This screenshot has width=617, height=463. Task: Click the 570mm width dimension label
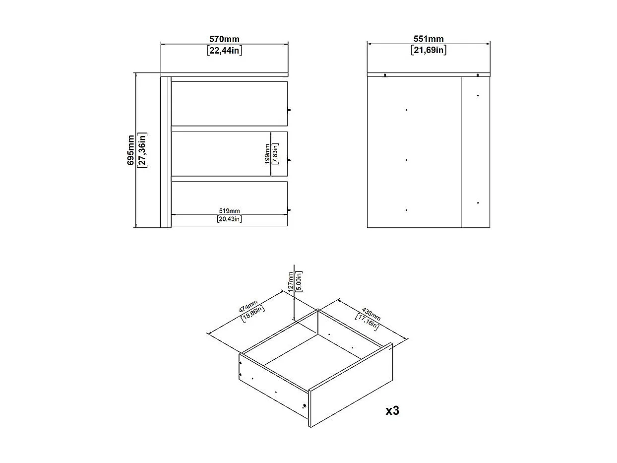(x=224, y=39)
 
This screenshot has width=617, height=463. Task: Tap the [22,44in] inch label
(x=224, y=50)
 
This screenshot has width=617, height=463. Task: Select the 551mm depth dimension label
(x=429, y=39)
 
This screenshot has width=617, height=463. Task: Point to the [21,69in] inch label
(x=429, y=50)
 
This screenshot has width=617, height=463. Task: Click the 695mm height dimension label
(x=130, y=150)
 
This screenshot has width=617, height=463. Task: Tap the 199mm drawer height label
(x=267, y=154)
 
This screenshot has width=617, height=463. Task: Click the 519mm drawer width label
(x=229, y=210)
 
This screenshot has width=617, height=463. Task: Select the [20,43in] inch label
(x=229, y=219)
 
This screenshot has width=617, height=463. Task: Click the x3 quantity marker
(x=392, y=410)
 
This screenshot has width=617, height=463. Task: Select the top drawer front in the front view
(x=229, y=103)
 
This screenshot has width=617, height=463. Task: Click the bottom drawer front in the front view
(x=229, y=197)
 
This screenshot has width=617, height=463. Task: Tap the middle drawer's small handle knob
(x=290, y=160)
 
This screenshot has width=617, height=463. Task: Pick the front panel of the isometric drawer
(x=350, y=385)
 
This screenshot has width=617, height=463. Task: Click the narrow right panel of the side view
(x=475, y=151)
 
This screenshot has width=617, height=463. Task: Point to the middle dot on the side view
(x=406, y=160)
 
